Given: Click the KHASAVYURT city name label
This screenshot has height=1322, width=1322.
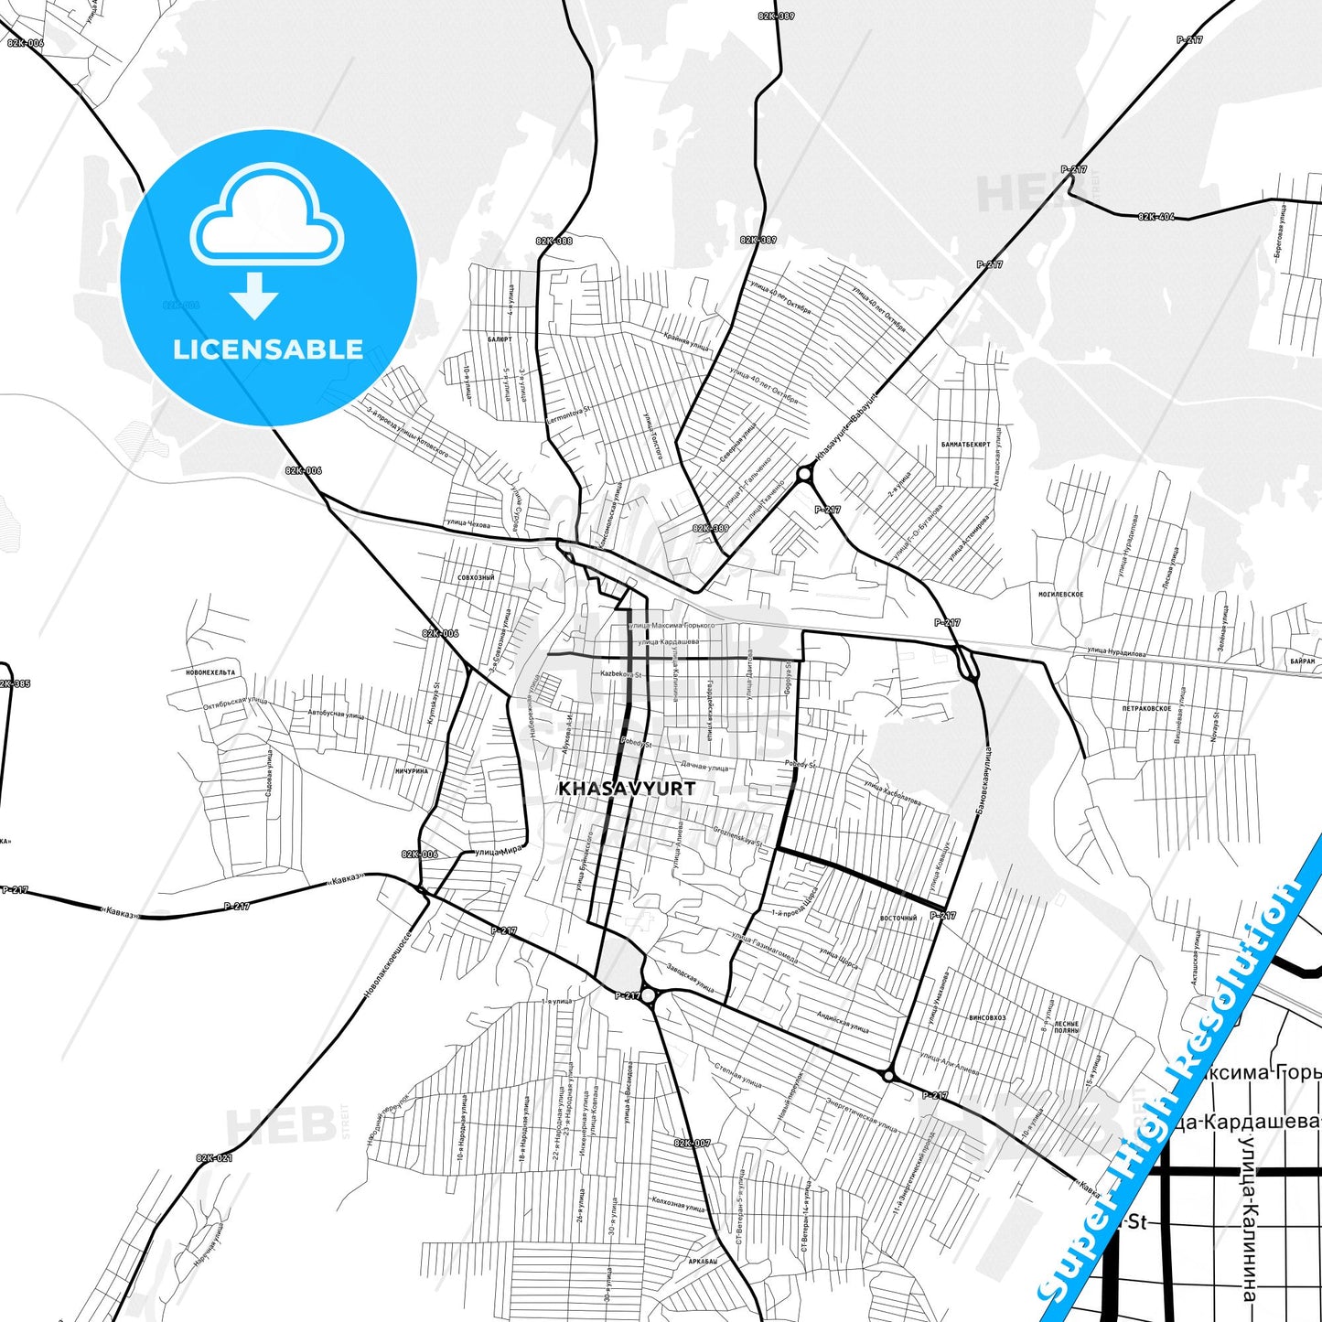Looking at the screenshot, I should pyautogui.click(x=627, y=788).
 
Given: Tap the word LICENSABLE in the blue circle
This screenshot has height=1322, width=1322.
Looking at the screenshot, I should pyautogui.click(x=268, y=349).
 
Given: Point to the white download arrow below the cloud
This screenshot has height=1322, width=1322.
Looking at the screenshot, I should pyautogui.click(x=254, y=296).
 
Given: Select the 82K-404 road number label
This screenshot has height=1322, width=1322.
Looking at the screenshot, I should pyautogui.click(x=1156, y=217).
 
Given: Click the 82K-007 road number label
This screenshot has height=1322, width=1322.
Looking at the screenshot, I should pyautogui.click(x=692, y=1143).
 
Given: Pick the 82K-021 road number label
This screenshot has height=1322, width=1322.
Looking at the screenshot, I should pyautogui.click(x=214, y=1158).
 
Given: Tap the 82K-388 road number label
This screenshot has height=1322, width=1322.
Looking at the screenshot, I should pyautogui.click(x=554, y=241).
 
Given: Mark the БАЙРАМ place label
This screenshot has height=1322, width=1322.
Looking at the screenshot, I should pyautogui.click(x=1303, y=661).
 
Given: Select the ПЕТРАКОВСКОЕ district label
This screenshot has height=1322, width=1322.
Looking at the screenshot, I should pyautogui.click(x=1146, y=708).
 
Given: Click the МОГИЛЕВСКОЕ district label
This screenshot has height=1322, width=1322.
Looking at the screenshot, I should pyautogui.click(x=1060, y=594).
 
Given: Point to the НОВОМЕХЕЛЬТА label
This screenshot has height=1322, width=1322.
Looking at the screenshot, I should pyautogui.click(x=210, y=672).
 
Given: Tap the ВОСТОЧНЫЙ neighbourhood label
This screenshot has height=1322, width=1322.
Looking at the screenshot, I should pyautogui.click(x=897, y=918).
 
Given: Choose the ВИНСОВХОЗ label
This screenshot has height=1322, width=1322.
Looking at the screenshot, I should pyautogui.click(x=987, y=1017).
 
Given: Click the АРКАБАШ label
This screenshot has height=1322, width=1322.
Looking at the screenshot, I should pyautogui.click(x=702, y=1261).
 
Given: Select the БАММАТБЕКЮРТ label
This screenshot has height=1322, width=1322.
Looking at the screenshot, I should pyautogui.click(x=965, y=445).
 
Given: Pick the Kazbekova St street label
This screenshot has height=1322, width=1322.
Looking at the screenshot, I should pyautogui.click(x=621, y=674).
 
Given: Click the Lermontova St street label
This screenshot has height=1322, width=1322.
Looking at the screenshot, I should pyautogui.click(x=568, y=414).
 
